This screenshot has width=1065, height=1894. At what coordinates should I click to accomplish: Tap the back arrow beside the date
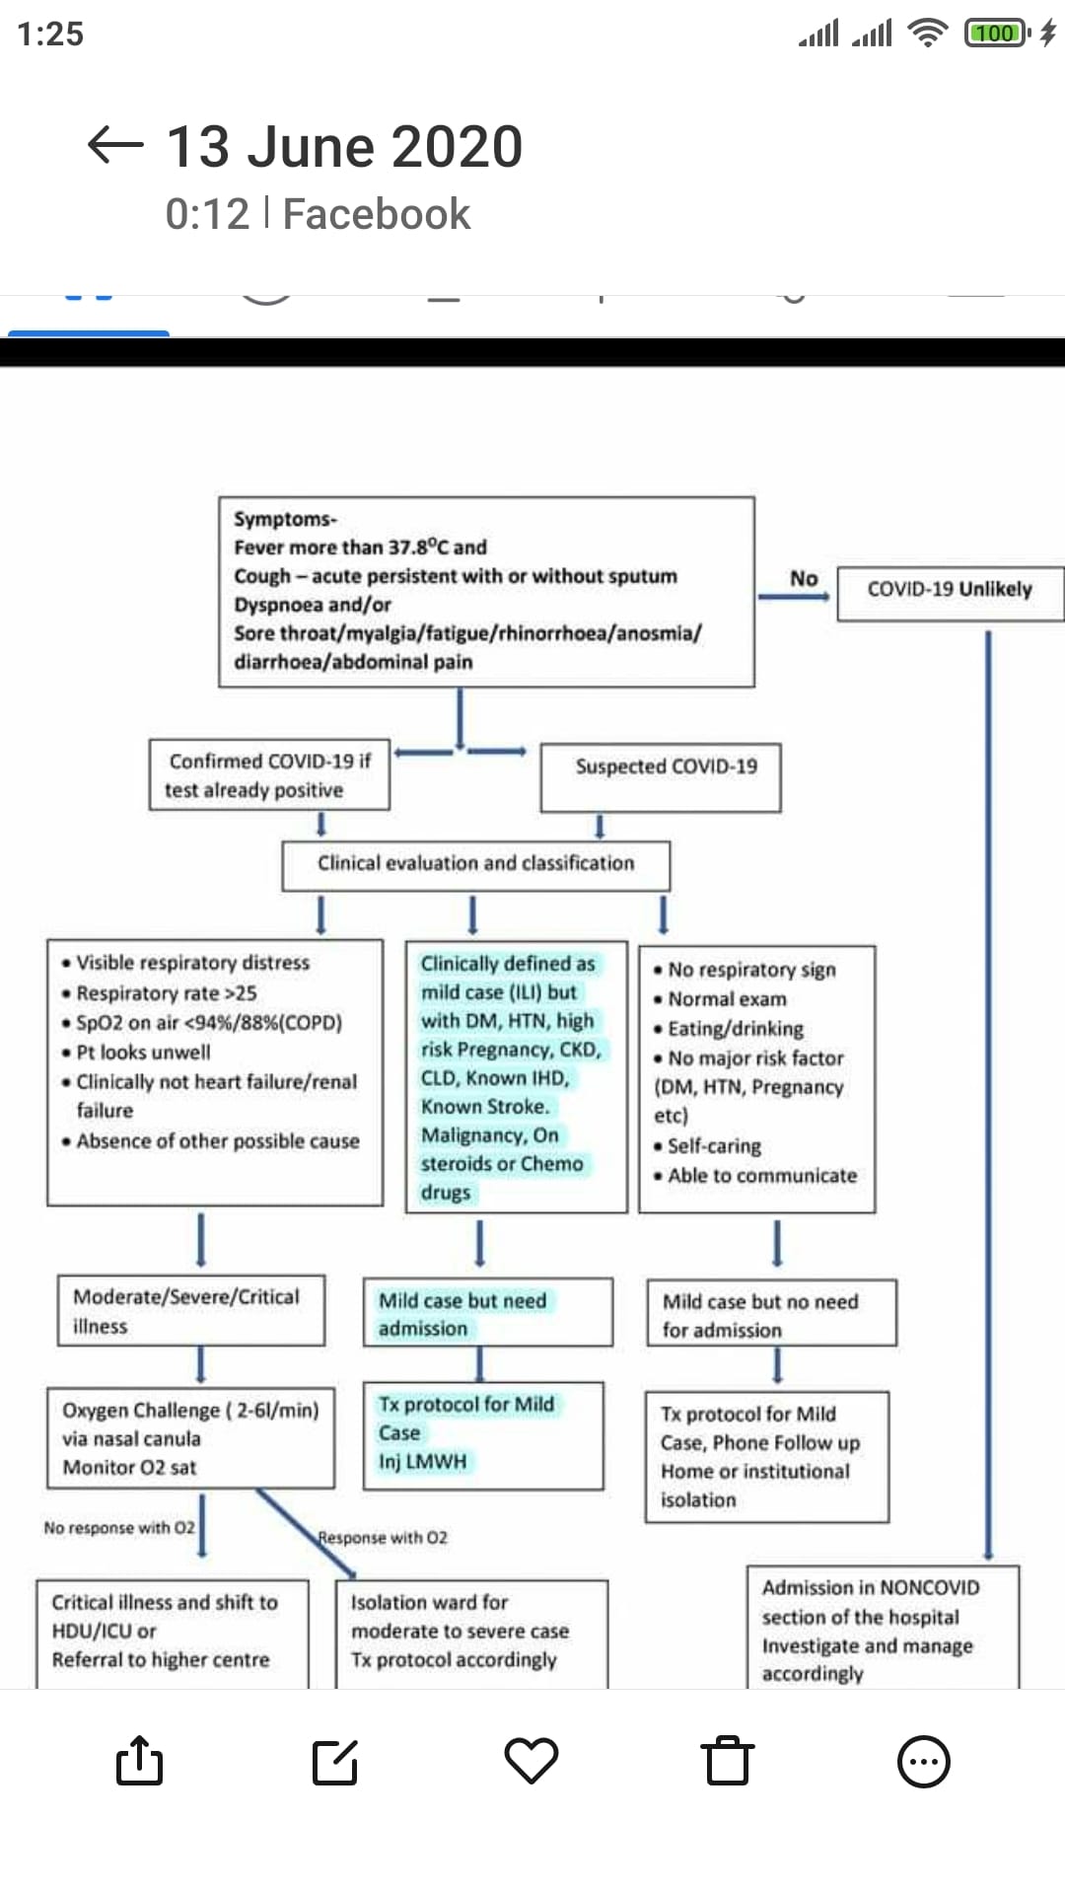pyautogui.click(x=115, y=145)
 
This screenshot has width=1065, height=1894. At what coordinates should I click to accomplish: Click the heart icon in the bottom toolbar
pyautogui.click(x=532, y=1762)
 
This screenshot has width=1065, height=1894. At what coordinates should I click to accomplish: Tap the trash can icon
pyautogui.click(x=728, y=1761)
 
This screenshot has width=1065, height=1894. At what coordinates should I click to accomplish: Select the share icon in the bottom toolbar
pyautogui.click(x=139, y=1761)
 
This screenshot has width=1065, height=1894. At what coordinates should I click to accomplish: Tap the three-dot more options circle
pyautogui.click(x=924, y=1762)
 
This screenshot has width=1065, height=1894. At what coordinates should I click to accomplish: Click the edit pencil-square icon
pyautogui.click(x=335, y=1762)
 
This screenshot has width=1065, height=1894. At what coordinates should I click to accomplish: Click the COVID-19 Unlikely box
pyautogui.click(x=950, y=593)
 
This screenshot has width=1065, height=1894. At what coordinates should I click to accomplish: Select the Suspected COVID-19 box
pyautogui.click(x=661, y=777)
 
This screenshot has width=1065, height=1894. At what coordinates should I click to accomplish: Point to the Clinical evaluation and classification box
pyautogui.click(x=476, y=866)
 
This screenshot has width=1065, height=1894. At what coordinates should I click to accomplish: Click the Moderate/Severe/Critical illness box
pyautogui.click(x=191, y=1311)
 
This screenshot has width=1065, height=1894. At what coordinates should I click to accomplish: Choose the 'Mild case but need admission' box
pyautogui.click(x=488, y=1313)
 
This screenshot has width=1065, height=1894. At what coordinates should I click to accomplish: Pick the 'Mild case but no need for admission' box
pyautogui.click(x=772, y=1313)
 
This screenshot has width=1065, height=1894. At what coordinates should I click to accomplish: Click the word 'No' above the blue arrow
pyautogui.click(x=804, y=579)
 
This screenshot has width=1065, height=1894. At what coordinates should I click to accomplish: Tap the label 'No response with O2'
pyautogui.click(x=119, y=1528)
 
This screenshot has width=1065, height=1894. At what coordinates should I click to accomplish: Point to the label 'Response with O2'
pyautogui.click(x=383, y=1538)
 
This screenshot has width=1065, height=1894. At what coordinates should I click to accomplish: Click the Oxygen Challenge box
pyautogui.click(x=191, y=1438)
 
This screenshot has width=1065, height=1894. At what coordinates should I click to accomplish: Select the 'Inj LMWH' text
pyautogui.click(x=422, y=1461)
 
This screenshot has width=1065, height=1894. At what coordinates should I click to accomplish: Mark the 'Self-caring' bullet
pyautogui.click(x=707, y=1146)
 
